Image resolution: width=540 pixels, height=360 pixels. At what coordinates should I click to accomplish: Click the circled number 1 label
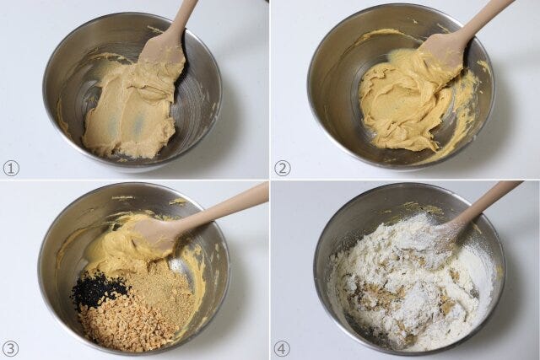[x=11, y=169]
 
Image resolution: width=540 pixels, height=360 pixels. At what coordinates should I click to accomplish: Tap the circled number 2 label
[x=283, y=169]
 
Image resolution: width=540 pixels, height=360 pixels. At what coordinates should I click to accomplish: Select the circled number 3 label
[x=11, y=349]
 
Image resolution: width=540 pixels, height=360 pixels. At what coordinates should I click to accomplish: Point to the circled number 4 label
[x=282, y=349]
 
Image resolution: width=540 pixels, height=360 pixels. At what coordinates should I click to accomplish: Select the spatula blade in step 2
[x=440, y=56]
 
